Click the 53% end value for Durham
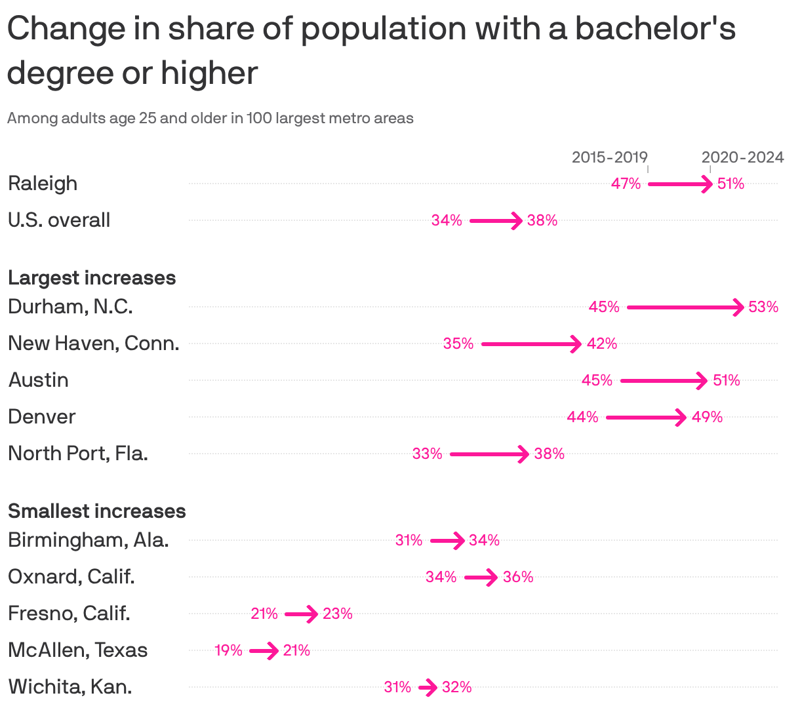pyautogui.click(x=763, y=307)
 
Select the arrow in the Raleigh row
pyautogui.click(x=679, y=184)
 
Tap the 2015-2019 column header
pyautogui.click(x=609, y=157)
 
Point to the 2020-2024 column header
pyautogui.click(x=742, y=157)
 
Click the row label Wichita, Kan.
pyautogui.click(x=70, y=686)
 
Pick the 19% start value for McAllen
pyautogui.click(x=228, y=650)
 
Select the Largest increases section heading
pyautogui.click(x=92, y=277)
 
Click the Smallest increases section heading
pyautogui.click(x=97, y=511)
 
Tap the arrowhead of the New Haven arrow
pyautogui.click(x=576, y=344)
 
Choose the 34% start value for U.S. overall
pyautogui.click(x=447, y=220)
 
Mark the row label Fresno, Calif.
pyautogui.click(x=69, y=613)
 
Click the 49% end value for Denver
pyautogui.click(x=707, y=417)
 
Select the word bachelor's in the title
pyautogui.click(x=655, y=29)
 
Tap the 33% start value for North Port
pyautogui.click(x=427, y=454)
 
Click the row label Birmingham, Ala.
pyautogui.click(x=89, y=540)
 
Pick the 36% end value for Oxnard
pyautogui.click(x=518, y=577)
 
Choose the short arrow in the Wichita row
pyautogui.click(x=428, y=688)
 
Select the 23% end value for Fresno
pyautogui.click(x=337, y=614)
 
